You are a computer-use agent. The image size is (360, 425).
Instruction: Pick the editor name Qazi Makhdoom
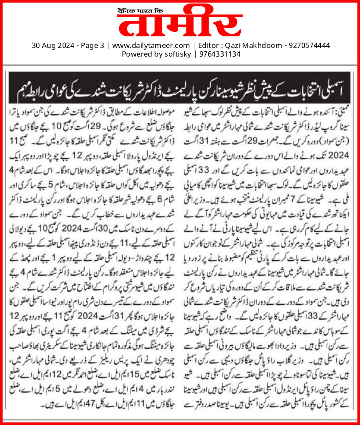click(x=249, y=45)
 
